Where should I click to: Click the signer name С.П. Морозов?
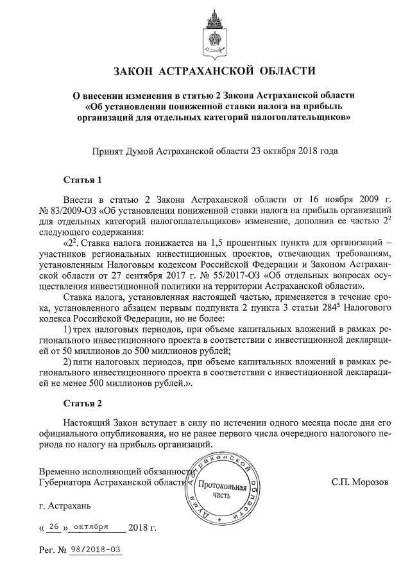click(360, 480)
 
